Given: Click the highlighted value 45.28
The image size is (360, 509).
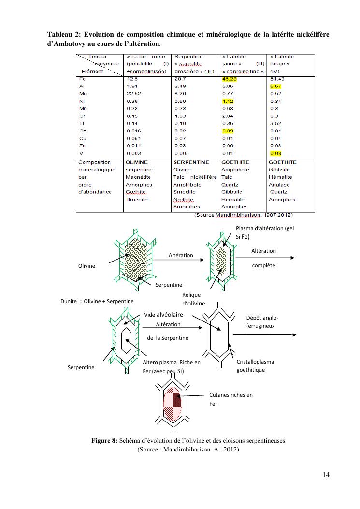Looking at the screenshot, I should click(229, 79).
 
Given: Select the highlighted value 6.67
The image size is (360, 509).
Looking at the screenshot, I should click(275, 87).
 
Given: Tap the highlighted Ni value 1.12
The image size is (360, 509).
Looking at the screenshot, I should click(227, 102).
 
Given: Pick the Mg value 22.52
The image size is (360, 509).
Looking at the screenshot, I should click(133, 94).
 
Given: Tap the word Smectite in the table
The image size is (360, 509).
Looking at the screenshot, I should click(184, 192).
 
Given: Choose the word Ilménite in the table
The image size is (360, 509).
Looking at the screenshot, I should click(137, 199).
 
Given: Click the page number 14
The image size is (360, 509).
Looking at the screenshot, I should click(326, 475).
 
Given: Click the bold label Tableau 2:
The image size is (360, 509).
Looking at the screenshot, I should click(66, 34).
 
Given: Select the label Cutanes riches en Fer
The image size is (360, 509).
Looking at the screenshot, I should click(230, 399).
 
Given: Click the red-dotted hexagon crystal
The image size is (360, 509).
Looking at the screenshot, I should click(171, 400).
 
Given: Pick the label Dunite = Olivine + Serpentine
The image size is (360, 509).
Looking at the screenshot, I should click(97, 301).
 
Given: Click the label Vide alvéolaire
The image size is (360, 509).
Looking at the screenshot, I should click(162, 315).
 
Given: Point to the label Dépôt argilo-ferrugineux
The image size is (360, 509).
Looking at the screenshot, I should click(262, 322).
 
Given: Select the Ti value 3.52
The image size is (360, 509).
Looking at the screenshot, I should click(275, 124).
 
